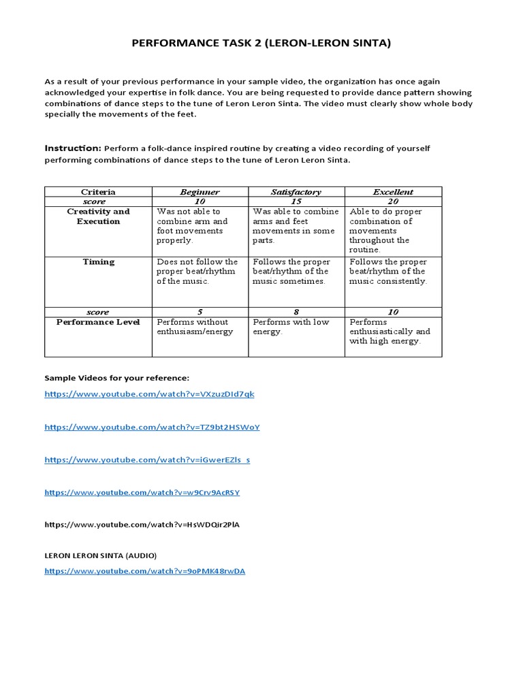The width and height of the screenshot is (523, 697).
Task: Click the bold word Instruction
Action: [x=72, y=148]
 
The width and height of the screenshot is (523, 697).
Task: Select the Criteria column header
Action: [x=98, y=192]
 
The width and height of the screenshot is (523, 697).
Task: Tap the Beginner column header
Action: [x=200, y=192]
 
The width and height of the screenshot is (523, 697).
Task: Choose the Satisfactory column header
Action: [x=296, y=192]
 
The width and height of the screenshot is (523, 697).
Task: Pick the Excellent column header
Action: [x=393, y=192]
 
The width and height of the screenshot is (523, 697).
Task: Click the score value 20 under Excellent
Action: [x=393, y=201]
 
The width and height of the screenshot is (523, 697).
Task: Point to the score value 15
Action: [x=296, y=201]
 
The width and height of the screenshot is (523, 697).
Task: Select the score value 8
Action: [x=296, y=312]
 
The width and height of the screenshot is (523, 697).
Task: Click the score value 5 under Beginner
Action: [x=200, y=312]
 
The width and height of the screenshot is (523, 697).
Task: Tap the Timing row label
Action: [x=98, y=262]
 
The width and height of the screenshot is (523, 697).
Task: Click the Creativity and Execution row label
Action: [x=98, y=216]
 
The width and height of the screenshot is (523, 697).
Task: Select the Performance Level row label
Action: [x=98, y=322]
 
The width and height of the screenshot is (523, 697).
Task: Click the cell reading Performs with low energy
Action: [x=291, y=327]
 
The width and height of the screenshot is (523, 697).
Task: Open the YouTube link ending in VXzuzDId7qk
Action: [x=149, y=394]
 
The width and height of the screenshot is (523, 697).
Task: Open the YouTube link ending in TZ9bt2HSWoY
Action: [x=152, y=427]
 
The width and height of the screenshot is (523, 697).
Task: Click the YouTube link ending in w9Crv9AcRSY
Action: [x=142, y=492]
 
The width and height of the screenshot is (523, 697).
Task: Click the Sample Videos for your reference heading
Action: [x=116, y=378]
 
